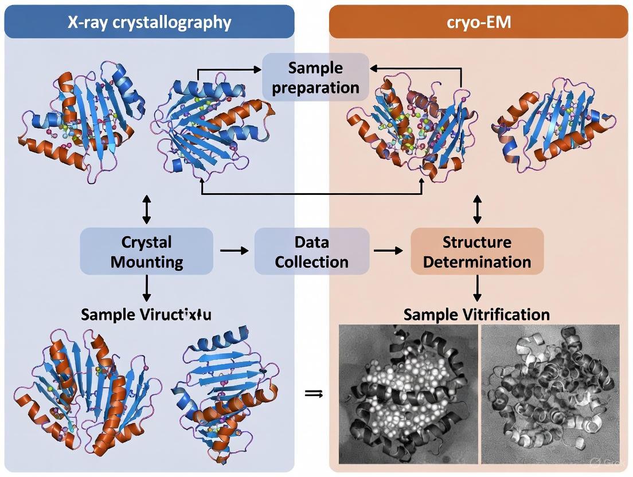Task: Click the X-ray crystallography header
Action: [149, 22]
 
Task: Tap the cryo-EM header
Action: [478, 22]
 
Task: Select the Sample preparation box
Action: [315, 77]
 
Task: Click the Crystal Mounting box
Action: [147, 252]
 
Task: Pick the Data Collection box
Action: [311, 252]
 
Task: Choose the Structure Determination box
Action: [477, 252]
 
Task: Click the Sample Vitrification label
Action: [476, 314]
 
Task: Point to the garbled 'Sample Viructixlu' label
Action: [146, 314]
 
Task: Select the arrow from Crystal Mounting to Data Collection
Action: [234, 251]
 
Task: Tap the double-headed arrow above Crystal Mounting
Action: [147, 209]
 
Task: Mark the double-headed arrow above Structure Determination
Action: [477, 209]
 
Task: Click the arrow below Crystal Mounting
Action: [147, 288]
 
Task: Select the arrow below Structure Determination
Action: [477, 288]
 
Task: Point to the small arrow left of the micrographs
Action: [312, 393]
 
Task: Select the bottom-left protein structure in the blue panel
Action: [86, 396]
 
